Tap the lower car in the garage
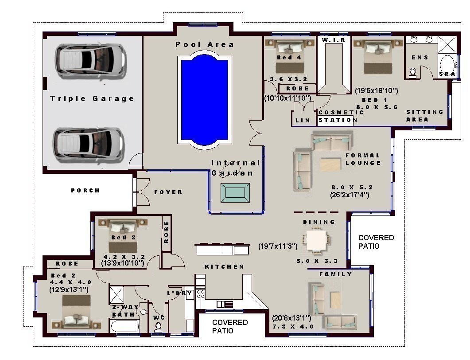(90, 145)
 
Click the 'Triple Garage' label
(92, 98)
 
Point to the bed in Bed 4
(290, 56)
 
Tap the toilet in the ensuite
(412, 73)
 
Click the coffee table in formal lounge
(331, 165)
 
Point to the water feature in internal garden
(235, 193)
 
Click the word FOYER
(168, 192)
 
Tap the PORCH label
(85, 190)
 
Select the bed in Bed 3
(123, 235)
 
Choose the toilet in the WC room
(158, 327)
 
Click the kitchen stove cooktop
(200, 294)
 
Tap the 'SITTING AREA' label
(424, 116)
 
